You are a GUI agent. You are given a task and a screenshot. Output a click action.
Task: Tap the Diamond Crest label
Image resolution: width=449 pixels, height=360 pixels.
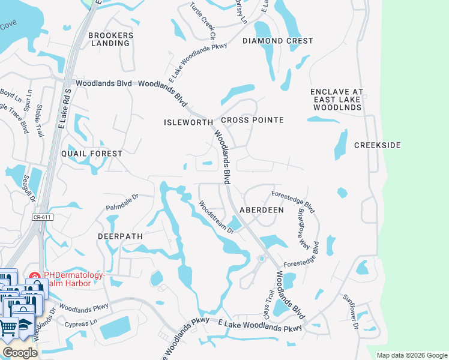(277, 41)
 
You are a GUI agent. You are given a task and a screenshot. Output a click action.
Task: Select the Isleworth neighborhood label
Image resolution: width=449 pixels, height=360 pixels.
(188, 122)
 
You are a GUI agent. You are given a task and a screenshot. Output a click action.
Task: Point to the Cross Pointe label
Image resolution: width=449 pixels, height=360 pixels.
(252, 120)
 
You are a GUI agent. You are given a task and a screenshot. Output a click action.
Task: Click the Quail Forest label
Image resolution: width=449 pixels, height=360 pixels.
(92, 154)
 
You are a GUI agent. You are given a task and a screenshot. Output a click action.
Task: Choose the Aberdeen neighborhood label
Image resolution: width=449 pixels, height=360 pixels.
(262, 210)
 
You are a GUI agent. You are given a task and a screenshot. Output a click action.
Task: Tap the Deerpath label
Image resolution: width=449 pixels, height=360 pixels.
(120, 236)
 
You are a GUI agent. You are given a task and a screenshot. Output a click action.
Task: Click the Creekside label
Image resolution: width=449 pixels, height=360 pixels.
(377, 145)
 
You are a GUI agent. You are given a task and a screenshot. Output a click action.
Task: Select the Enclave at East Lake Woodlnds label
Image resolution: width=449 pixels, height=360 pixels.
(336, 100)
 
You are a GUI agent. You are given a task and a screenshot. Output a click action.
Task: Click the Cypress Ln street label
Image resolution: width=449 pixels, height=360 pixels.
(85, 323)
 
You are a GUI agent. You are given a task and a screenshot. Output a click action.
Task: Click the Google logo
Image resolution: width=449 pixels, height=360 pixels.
(19, 353)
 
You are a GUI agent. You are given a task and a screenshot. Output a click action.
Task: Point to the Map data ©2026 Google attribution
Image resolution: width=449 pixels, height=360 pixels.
(412, 355)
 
